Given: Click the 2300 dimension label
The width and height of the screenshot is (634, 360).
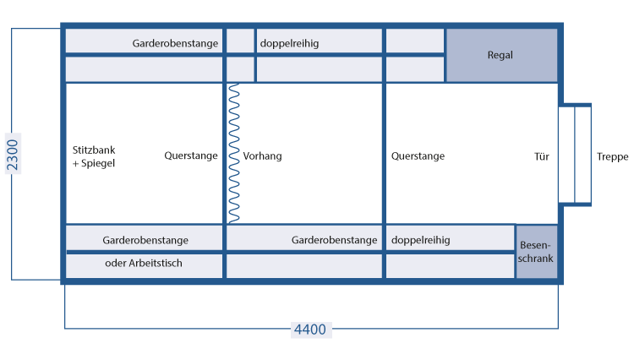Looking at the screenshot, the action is tap(13, 154).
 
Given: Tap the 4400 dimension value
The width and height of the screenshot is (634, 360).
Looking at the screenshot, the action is tap(310, 330).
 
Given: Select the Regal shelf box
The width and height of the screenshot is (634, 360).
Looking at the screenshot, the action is tap(501, 55).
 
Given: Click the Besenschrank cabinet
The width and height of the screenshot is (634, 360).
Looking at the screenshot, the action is tap(537, 251).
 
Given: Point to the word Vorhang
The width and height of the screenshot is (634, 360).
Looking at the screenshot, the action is tap(262, 156).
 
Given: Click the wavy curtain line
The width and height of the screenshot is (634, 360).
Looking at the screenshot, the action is tap(233, 153).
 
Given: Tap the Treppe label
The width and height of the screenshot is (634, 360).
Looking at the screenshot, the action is tap(613, 156).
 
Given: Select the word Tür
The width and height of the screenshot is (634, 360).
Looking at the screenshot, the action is tap(542, 156).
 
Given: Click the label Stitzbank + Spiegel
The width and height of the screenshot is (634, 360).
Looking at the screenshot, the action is tap(94, 156).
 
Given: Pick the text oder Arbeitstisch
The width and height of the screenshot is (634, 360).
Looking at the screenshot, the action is tap(144, 263).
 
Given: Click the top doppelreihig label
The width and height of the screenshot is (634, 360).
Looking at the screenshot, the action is tap(289, 43).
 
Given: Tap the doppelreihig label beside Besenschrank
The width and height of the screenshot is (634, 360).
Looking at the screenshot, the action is tap(420, 240).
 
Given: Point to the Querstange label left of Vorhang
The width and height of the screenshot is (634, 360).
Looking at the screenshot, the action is tap(191, 156).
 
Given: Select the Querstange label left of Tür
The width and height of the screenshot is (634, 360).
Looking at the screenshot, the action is tap(418, 156).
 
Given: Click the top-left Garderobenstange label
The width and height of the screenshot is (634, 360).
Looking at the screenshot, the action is tap(175, 43).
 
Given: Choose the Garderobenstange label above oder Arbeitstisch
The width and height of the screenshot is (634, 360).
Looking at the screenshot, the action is tap(145, 240).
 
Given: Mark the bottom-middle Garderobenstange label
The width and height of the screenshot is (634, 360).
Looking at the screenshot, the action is tap(335, 240).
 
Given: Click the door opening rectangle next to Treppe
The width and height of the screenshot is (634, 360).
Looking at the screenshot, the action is tap(575, 155).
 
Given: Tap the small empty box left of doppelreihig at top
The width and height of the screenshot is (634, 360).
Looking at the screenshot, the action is tap(240, 41).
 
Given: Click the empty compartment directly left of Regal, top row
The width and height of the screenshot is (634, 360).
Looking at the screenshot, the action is tap(415, 41).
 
